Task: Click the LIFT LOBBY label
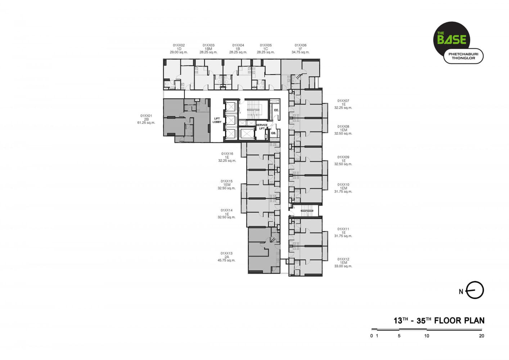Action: point(217,120)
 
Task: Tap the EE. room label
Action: point(276,110)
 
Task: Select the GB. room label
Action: point(273,133)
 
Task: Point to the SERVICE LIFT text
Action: point(262,127)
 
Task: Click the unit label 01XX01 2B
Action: point(146,117)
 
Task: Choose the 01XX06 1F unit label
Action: point(301,47)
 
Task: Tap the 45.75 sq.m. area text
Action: point(226,260)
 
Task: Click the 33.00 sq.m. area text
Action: point(343,266)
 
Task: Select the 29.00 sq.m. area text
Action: point(179,52)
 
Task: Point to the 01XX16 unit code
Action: point(227,154)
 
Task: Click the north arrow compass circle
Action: point(475,290)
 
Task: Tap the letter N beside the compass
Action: point(461,292)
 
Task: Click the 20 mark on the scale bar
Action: point(482,336)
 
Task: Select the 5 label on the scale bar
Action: point(399,336)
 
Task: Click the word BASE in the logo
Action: point(452,40)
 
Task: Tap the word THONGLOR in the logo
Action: point(463,58)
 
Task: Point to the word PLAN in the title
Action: point(474,320)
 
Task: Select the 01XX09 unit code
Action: point(343,157)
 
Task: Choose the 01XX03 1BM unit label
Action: point(208,47)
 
